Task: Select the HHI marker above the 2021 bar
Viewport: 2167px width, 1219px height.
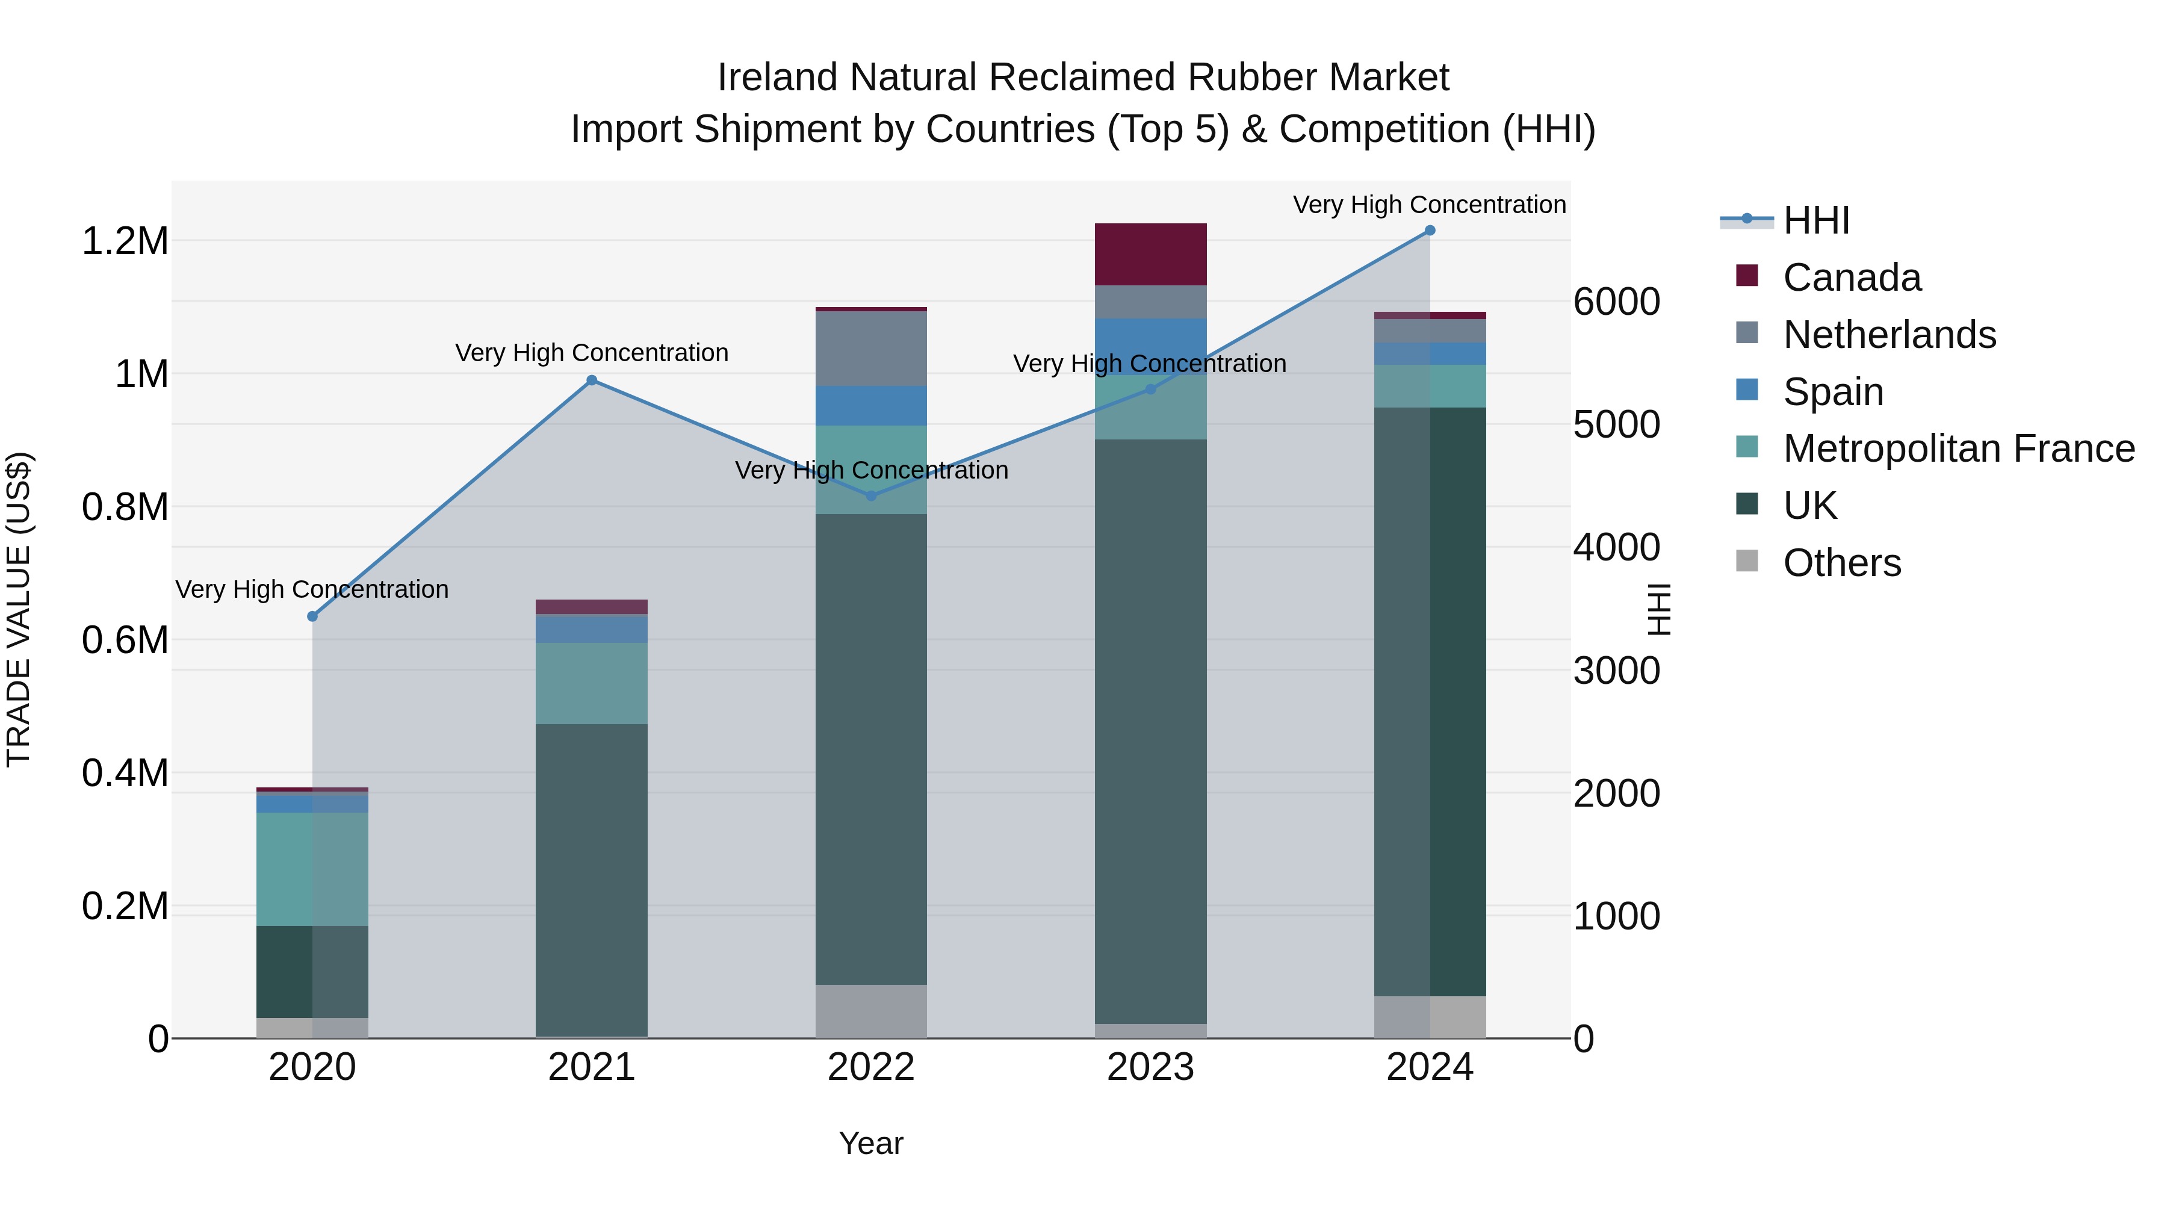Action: coord(591,380)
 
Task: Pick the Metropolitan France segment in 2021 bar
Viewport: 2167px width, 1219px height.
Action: coord(591,683)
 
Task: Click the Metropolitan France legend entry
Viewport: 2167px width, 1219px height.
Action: coord(1958,449)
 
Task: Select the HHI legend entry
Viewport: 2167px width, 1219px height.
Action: coord(1815,220)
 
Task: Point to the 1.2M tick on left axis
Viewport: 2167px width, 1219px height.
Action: coord(125,241)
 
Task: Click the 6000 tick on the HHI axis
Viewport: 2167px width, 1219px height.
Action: coord(1616,302)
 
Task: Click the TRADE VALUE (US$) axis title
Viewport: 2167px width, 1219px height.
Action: coord(19,609)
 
